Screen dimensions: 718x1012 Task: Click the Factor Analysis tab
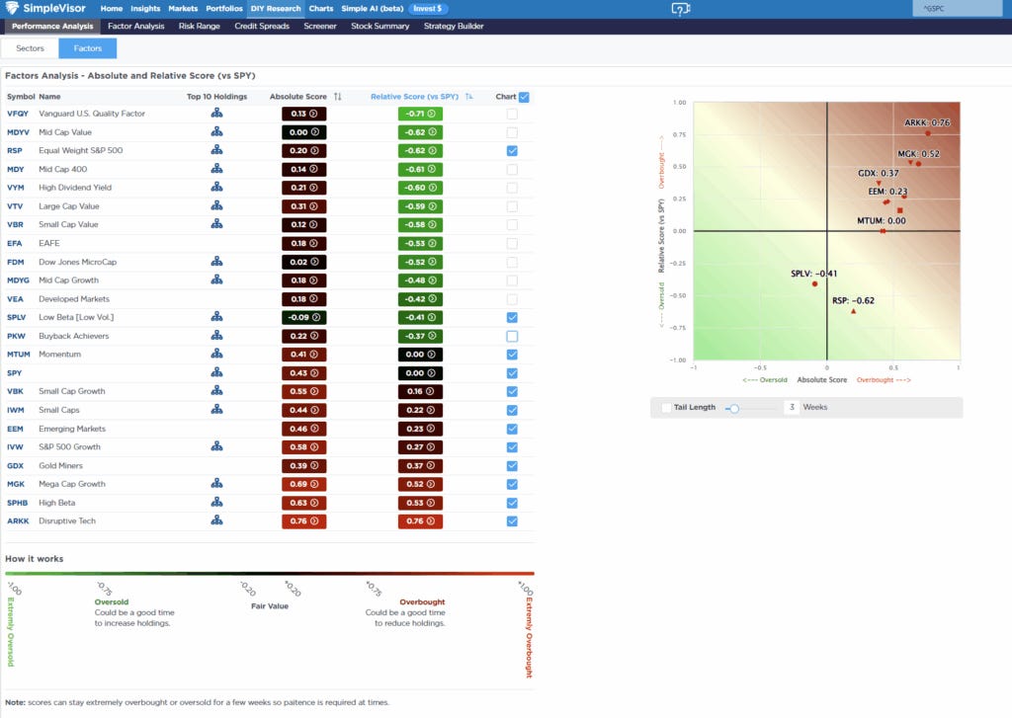[x=135, y=26]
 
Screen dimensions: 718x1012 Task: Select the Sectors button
[x=30, y=48]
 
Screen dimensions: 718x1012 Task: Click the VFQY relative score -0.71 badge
[x=420, y=114]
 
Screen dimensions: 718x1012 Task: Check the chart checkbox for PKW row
[x=511, y=336]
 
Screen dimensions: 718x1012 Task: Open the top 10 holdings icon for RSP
[x=216, y=151]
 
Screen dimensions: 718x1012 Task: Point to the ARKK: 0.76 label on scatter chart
[x=926, y=122]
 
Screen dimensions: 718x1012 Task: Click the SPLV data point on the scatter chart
[x=814, y=283]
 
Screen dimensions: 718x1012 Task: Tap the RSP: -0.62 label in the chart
[x=852, y=300]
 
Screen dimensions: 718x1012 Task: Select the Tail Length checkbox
[x=666, y=407]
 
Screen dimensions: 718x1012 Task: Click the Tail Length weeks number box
[x=792, y=407]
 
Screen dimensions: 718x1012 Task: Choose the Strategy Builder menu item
[x=453, y=26]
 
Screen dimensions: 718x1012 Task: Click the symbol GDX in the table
[x=16, y=466]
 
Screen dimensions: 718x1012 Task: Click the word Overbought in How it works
[x=422, y=601]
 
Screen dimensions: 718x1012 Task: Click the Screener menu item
[x=319, y=26]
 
